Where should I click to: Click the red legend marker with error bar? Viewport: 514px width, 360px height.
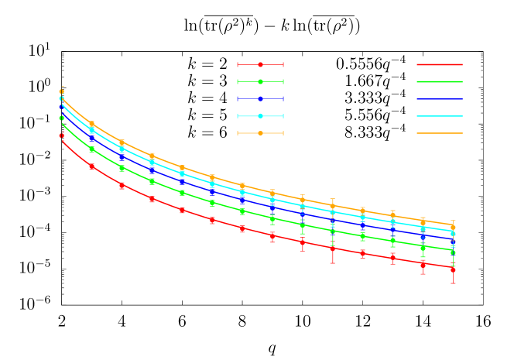[260, 64]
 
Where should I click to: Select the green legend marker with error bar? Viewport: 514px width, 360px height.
[260, 81]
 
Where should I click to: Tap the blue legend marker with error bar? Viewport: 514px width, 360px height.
[260, 99]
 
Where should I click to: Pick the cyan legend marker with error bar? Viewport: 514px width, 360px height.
[260, 116]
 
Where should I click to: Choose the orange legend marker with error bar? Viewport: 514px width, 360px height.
[260, 133]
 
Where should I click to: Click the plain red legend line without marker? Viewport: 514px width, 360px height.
[440, 64]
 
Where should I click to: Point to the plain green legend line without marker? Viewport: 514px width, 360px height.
[440, 81]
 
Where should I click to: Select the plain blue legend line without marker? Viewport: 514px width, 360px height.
[440, 99]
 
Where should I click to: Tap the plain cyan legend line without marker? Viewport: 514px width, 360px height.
[440, 116]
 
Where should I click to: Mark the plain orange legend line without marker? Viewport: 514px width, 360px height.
[440, 133]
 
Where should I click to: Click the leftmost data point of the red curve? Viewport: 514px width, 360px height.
[61, 135]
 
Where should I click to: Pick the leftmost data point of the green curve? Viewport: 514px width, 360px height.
[61, 118]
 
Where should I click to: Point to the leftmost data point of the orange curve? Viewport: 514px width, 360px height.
[61, 92]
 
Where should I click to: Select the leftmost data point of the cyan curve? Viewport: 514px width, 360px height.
[61, 98]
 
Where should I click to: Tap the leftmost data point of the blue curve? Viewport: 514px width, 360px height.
[61, 106]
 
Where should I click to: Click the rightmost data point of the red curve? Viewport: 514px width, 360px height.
[453, 269]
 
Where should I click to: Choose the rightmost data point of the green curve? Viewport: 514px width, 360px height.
[453, 252]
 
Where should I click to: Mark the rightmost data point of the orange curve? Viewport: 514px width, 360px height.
[453, 228]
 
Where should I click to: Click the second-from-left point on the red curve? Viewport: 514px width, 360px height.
[91, 166]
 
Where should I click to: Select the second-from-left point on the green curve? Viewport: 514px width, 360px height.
[91, 149]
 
